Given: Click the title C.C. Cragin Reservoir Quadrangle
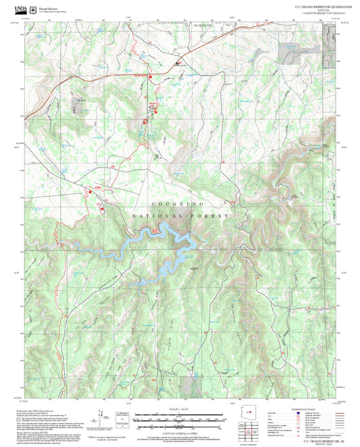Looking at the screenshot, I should (x=315, y=6).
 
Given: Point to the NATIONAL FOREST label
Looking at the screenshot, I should (x=180, y=215).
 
